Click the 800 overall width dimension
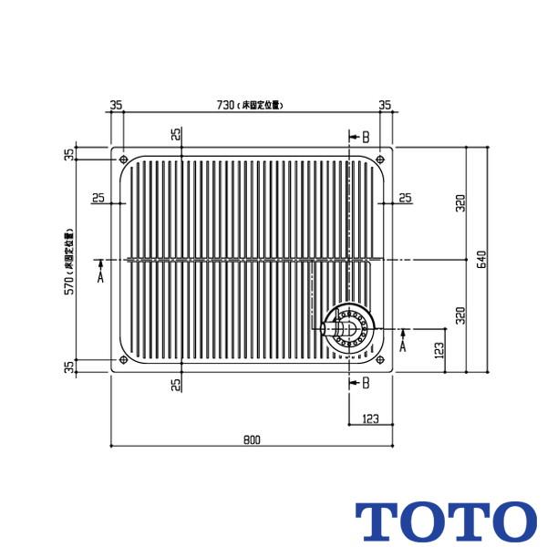point(252,439)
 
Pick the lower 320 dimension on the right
point(461,315)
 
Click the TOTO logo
point(445,521)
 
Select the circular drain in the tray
point(348,325)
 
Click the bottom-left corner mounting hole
point(123,359)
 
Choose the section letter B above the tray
point(365,137)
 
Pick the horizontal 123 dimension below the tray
point(370,418)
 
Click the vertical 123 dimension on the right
point(439,350)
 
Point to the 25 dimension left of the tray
point(98,198)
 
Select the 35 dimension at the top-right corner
point(386,105)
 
